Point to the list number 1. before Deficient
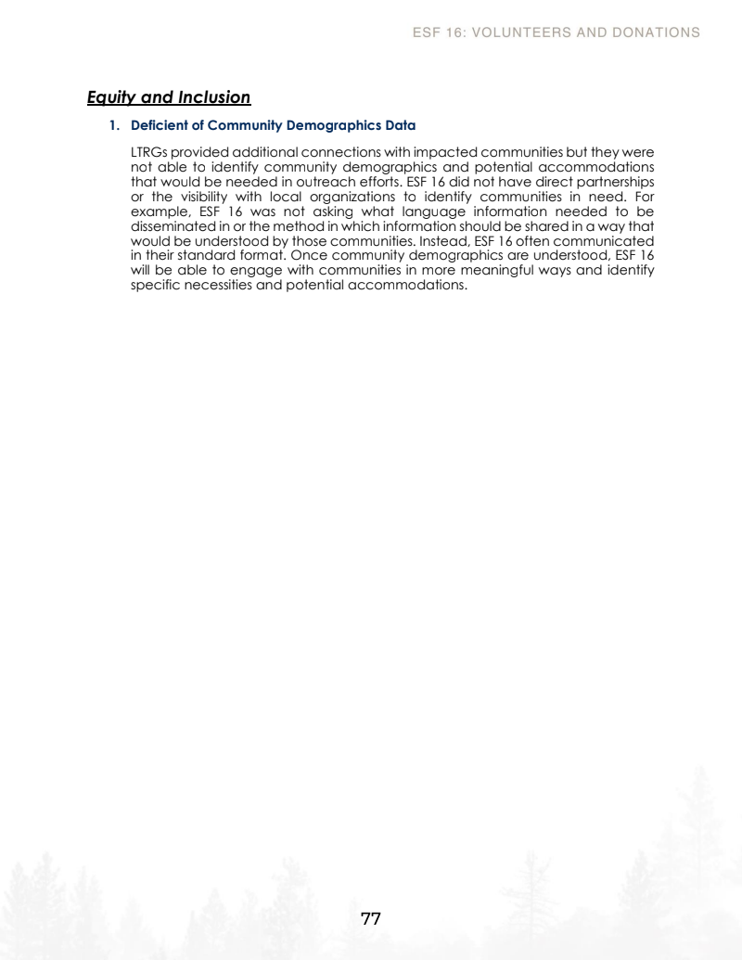coord(116,124)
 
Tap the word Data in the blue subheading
coord(400,124)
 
